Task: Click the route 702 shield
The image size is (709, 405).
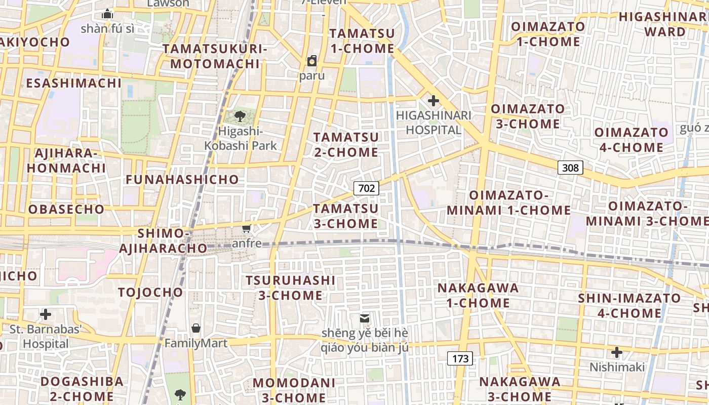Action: [x=366, y=188]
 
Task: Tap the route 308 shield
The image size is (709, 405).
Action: [x=570, y=168]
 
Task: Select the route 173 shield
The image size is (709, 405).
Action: [x=460, y=359]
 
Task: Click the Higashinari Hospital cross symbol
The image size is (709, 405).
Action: [x=433, y=100]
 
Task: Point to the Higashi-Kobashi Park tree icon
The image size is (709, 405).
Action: [x=240, y=117]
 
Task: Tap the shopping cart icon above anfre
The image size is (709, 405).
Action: [x=247, y=229]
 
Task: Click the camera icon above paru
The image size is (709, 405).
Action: [x=312, y=61]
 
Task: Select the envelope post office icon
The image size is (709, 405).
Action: [x=364, y=318]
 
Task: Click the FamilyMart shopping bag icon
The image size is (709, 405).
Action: [x=196, y=328]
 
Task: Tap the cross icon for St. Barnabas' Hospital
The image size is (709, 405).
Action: [x=46, y=314]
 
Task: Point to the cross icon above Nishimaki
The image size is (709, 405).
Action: [x=616, y=352]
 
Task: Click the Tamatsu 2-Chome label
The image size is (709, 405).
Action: [x=346, y=145]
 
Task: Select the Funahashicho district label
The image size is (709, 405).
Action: [x=182, y=180]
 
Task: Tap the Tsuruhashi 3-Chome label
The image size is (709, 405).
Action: [x=291, y=288]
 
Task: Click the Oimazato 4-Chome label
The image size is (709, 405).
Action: [x=631, y=140]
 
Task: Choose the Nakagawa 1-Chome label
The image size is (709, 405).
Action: [x=478, y=296]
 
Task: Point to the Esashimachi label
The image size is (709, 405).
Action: [x=74, y=83]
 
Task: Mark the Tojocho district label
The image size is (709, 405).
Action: [x=150, y=292]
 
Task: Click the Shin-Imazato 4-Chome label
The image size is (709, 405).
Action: [x=629, y=305]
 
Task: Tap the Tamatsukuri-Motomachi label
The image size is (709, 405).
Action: [x=215, y=56]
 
